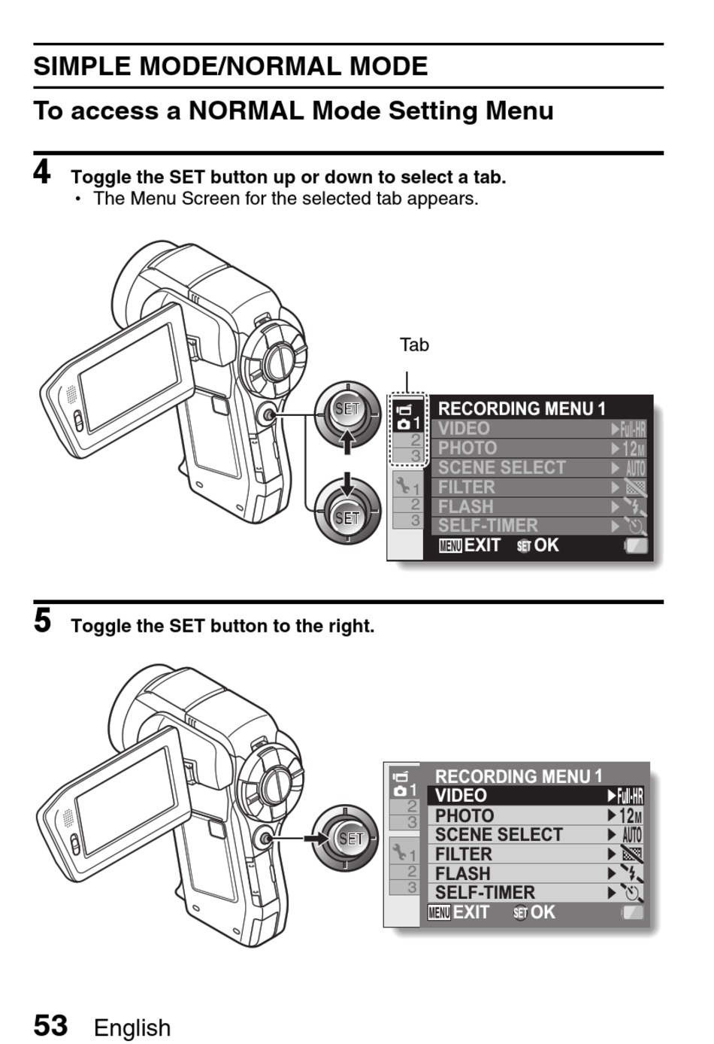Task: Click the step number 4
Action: coord(42,171)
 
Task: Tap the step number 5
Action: coord(42,621)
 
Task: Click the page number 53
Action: coord(50,1025)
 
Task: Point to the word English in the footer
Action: coord(132,1027)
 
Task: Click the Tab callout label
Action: coord(414,345)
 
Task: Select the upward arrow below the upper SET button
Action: coord(346,442)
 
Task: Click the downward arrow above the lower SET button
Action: coord(346,483)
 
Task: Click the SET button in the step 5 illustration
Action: coord(350,838)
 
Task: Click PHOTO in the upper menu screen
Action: coord(467,448)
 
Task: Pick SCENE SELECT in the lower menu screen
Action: coord(498,835)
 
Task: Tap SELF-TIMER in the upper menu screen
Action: coord(488,526)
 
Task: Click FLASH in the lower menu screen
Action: coord(462,874)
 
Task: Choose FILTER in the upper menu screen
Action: coord(467,487)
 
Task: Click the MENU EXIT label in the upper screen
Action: coord(470,545)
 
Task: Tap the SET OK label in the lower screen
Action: coord(534,913)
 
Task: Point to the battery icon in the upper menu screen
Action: coord(636,545)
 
